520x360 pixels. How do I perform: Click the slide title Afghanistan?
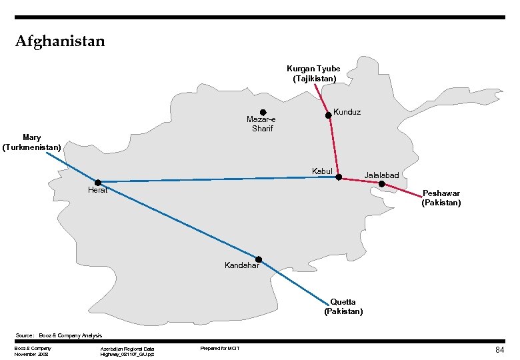click(60, 41)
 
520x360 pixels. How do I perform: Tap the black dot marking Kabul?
click(339, 177)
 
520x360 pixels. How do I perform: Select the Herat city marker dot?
click(98, 182)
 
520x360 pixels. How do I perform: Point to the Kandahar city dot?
click(259, 259)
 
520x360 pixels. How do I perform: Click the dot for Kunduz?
click(328, 115)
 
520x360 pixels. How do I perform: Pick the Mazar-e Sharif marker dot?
click(263, 112)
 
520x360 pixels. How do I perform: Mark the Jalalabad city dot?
click(381, 183)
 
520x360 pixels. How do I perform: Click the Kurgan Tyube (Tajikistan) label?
click(313, 73)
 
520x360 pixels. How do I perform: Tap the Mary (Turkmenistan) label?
click(32, 142)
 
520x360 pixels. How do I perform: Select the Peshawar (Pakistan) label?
click(441, 198)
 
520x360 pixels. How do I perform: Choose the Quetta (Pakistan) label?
click(343, 307)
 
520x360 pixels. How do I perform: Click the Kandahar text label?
click(241, 266)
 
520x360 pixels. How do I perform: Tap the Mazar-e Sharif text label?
click(261, 124)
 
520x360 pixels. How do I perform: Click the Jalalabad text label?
click(381, 175)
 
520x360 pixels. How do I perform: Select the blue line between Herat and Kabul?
click(220, 179)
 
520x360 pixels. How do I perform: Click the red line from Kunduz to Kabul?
click(333, 147)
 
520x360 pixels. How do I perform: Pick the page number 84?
click(499, 350)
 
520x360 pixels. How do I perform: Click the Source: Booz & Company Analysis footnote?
click(61, 335)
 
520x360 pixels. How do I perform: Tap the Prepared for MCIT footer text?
click(219, 349)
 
